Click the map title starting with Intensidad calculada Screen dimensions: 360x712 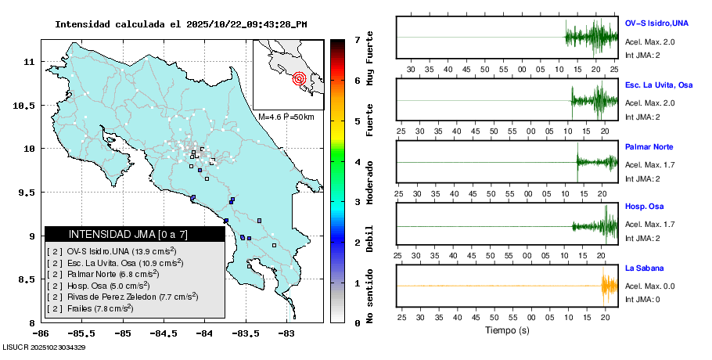click(x=181, y=24)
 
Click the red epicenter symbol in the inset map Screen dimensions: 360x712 click(x=299, y=78)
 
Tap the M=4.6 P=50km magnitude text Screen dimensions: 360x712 click(x=286, y=117)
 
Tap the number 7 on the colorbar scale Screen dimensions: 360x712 click(x=357, y=39)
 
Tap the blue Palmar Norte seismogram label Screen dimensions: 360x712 click(x=649, y=147)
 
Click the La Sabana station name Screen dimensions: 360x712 click(x=645, y=269)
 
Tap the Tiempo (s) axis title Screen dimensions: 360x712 click(x=507, y=331)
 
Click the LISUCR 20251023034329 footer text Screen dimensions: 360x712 click(x=44, y=347)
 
